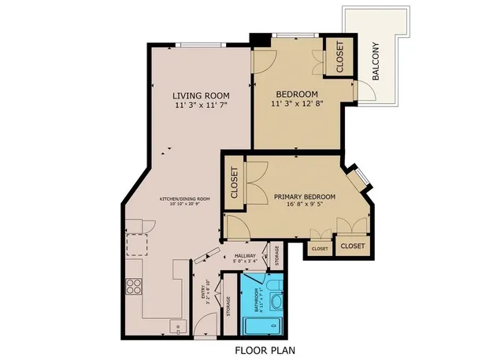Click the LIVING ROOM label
[x=199, y=96]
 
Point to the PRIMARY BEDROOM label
[x=305, y=197]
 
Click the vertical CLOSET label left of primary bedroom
[x=235, y=183]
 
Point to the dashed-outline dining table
[x=138, y=244]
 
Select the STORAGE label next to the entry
[x=228, y=305]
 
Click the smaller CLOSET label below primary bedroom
[x=319, y=249]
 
